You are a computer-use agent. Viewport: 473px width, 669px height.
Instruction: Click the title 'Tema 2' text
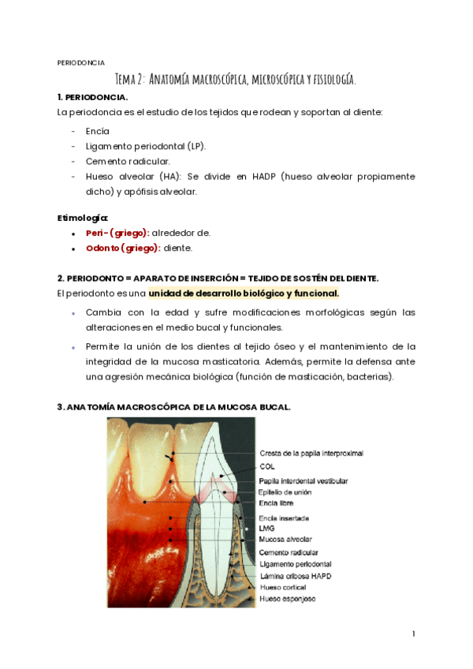tap(130, 79)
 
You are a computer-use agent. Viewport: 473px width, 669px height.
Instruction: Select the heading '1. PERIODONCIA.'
tap(92, 96)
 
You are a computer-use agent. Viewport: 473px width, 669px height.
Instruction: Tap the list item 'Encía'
tap(98, 131)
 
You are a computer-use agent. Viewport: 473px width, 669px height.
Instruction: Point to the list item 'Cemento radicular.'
tap(128, 161)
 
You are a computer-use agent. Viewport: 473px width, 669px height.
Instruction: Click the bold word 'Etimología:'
tap(83, 217)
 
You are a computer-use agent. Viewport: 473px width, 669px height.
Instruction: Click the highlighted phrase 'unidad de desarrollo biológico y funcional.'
tap(244, 293)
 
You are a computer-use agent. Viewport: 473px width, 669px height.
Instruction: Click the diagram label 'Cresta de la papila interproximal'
tap(311, 454)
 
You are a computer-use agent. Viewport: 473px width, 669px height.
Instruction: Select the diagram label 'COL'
tap(267, 466)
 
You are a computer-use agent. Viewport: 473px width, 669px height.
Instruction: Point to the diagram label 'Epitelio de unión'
tap(285, 491)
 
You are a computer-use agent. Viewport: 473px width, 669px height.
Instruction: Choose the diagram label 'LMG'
tap(267, 529)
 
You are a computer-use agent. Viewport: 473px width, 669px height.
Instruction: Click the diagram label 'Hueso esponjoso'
tap(288, 600)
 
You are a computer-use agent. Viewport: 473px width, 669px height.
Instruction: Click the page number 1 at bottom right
tap(413, 633)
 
